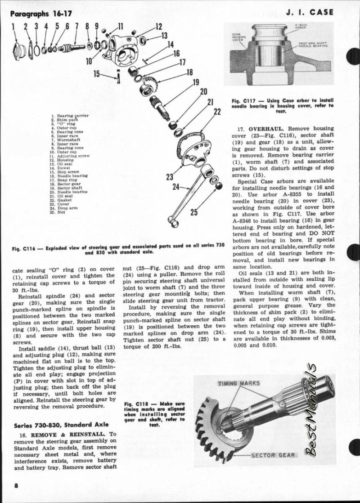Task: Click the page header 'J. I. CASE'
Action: pos(310,12)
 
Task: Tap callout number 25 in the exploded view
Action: pos(193,212)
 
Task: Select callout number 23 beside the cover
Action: pos(170,177)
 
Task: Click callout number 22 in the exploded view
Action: pos(217,111)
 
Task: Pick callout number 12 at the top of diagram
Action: pos(159,27)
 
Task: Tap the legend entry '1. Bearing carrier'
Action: pos(70,116)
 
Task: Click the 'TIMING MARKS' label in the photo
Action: pos(239,383)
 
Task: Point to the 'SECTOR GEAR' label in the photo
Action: pos(274,455)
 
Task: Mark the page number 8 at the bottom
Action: pos(16,485)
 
